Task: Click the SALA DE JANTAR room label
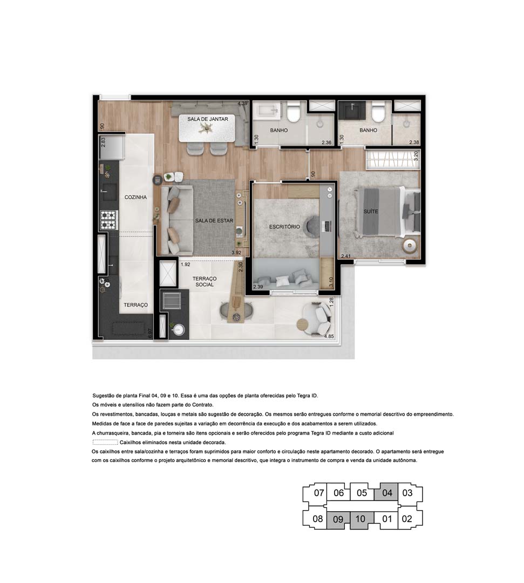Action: point(208,119)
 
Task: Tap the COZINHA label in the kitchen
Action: point(135,198)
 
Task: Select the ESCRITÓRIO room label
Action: point(284,227)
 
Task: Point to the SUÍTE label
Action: point(371,212)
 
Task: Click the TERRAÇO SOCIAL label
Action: point(205,281)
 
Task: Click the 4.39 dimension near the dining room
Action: point(242,104)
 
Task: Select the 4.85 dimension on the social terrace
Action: point(329,337)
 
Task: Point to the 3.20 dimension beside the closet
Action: point(416,157)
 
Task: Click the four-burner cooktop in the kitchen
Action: point(108,220)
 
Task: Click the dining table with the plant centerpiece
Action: point(207,130)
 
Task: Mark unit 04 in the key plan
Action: point(386,493)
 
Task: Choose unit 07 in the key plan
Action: point(318,493)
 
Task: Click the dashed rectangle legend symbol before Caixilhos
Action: point(108,442)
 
